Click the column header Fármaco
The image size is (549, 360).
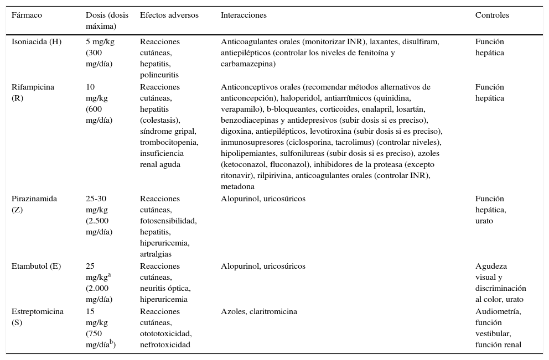coord(27,15)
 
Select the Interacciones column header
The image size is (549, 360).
coord(244,15)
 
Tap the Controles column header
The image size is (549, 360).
coord(492,15)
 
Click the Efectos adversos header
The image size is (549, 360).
coord(169,15)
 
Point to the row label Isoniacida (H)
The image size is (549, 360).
coord(37,42)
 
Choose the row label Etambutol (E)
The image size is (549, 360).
coord(36,267)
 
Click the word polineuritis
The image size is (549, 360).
coord(159,75)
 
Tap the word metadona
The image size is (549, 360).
coord(239,187)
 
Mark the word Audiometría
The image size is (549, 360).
coord(498,311)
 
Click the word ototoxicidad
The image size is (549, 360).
coord(165,334)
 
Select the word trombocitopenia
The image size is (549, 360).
coord(169,143)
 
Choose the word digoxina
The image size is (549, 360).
coord(237,132)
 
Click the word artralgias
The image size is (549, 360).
coord(156,254)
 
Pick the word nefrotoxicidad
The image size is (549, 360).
coord(165,345)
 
